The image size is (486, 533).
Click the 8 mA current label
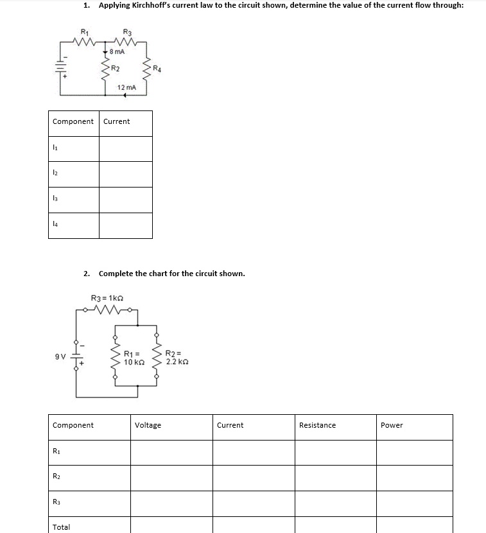(117, 51)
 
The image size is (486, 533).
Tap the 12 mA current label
(126, 87)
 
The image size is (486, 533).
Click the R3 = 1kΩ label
(107, 297)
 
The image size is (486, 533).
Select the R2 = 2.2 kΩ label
(176, 358)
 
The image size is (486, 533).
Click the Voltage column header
(148, 425)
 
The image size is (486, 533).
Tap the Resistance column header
(317, 425)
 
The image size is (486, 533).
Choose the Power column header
(392, 425)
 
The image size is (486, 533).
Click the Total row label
(62, 527)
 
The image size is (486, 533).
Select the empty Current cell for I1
(126, 148)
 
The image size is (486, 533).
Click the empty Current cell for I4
(126, 225)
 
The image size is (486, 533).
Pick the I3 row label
(56, 200)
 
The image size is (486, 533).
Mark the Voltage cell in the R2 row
(171, 478)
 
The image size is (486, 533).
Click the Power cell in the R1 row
(415, 452)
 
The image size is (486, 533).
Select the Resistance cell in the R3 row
(335, 503)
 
